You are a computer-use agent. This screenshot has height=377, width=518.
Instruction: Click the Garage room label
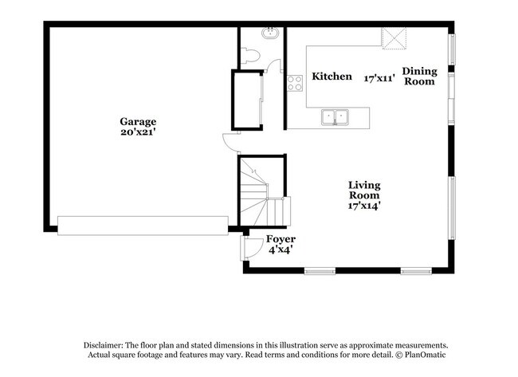(x=138, y=122)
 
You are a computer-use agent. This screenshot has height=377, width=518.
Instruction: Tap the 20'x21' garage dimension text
(x=138, y=133)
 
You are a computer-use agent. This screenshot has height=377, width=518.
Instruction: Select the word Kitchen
(x=332, y=77)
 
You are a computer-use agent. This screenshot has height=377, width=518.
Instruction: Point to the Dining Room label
(x=419, y=76)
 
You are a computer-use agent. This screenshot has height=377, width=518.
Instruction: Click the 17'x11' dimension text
(x=380, y=78)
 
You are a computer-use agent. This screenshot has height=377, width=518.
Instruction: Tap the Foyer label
(x=281, y=239)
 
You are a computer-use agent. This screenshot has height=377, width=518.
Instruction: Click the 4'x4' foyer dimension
(x=281, y=249)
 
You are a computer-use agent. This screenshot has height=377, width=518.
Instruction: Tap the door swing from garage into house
(x=230, y=143)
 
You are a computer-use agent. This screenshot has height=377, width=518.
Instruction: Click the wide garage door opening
(x=143, y=225)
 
